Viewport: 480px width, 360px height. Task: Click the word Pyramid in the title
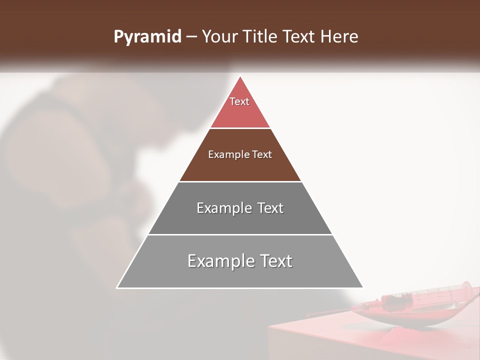click(x=147, y=37)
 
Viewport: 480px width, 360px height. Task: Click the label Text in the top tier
click(x=239, y=101)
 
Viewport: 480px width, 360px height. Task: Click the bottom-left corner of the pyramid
click(x=117, y=287)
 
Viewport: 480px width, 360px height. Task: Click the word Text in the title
click(x=299, y=37)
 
